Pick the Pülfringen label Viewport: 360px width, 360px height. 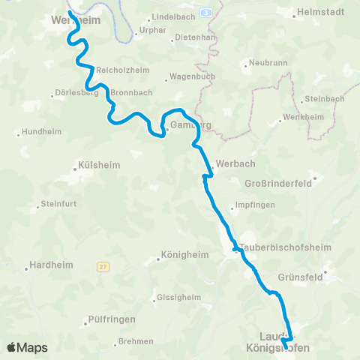[x=112, y=319]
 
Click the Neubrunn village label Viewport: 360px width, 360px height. [x=268, y=63]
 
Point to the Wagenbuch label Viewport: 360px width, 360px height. [x=193, y=76]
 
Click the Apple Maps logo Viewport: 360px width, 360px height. [x=27, y=347]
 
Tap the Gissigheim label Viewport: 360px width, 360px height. [x=179, y=297]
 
